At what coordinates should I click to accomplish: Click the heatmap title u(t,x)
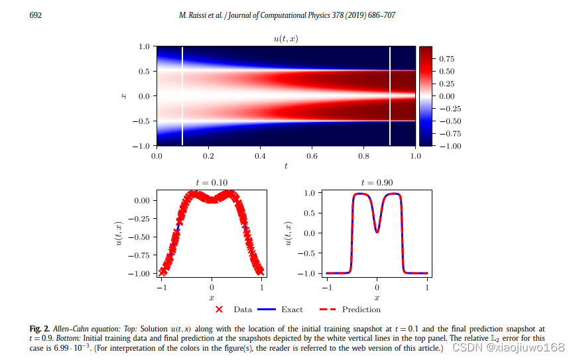(286, 39)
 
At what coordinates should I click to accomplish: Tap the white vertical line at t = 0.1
(182, 96)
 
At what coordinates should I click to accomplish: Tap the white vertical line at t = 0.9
(390, 96)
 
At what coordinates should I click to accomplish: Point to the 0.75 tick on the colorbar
(447, 59)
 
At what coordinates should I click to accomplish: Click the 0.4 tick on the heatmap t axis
(260, 156)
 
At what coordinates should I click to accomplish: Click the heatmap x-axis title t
(286, 166)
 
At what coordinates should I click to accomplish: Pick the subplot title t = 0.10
(212, 182)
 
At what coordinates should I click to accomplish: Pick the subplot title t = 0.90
(377, 182)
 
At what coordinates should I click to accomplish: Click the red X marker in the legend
(219, 309)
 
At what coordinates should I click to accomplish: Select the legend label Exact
(292, 310)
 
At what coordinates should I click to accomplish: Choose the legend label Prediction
(361, 310)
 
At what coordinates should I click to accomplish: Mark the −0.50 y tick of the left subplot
(143, 237)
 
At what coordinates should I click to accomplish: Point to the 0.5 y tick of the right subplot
(309, 213)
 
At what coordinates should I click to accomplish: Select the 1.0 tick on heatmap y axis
(143, 47)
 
